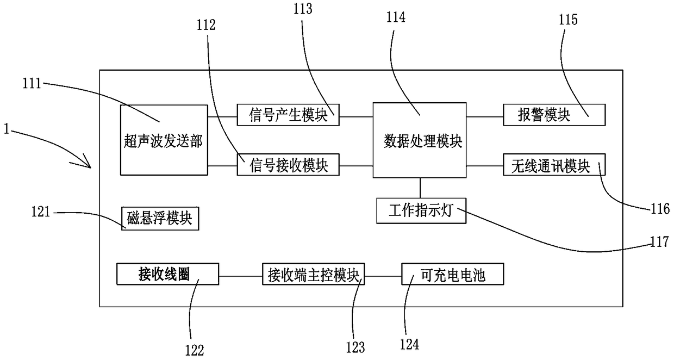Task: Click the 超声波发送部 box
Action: click(x=164, y=140)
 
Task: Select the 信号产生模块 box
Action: click(x=288, y=115)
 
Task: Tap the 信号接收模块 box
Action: click(x=288, y=164)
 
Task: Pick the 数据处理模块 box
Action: click(x=420, y=140)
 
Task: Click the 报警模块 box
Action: click(x=554, y=115)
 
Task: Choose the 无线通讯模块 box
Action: click(x=554, y=164)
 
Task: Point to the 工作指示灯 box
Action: click(x=421, y=210)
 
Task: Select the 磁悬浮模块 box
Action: click(x=160, y=219)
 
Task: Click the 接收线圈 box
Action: click(x=167, y=274)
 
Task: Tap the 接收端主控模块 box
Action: click(x=313, y=274)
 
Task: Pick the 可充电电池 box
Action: click(x=453, y=274)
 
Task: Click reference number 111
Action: click(x=32, y=83)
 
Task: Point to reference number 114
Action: click(x=396, y=17)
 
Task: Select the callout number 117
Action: click(x=659, y=241)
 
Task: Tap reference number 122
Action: click(x=195, y=350)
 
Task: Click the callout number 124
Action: click(x=409, y=344)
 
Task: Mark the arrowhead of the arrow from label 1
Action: click(x=90, y=167)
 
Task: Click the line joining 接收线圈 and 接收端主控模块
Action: click(x=240, y=276)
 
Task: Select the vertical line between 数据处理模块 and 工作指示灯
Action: click(x=420, y=188)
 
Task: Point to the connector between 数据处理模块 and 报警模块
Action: click(x=485, y=116)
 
